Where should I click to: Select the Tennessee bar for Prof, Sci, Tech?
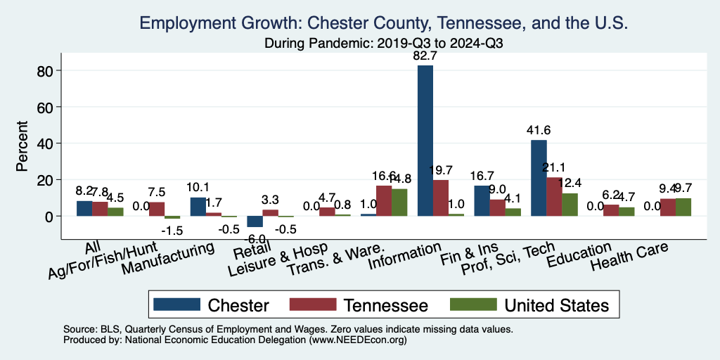point(554,197)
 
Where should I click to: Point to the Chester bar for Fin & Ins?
point(482,201)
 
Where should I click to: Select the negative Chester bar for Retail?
point(255,221)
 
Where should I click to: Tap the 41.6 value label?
point(539,130)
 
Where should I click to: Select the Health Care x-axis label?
point(629,257)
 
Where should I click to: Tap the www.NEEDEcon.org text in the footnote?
point(357,340)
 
